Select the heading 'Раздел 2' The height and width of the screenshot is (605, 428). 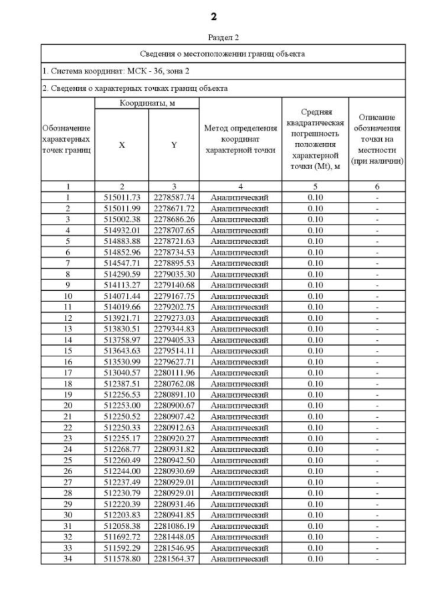(213, 37)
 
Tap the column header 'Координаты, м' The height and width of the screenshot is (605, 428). (146, 104)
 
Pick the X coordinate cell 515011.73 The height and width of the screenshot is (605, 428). (121, 198)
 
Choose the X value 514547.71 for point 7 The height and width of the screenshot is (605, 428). (121, 263)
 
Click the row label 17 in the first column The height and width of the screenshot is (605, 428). (67, 372)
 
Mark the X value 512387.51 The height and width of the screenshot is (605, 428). (121, 383)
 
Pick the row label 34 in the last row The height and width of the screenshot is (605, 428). (67, 558)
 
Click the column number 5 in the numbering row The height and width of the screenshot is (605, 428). (314, 187)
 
